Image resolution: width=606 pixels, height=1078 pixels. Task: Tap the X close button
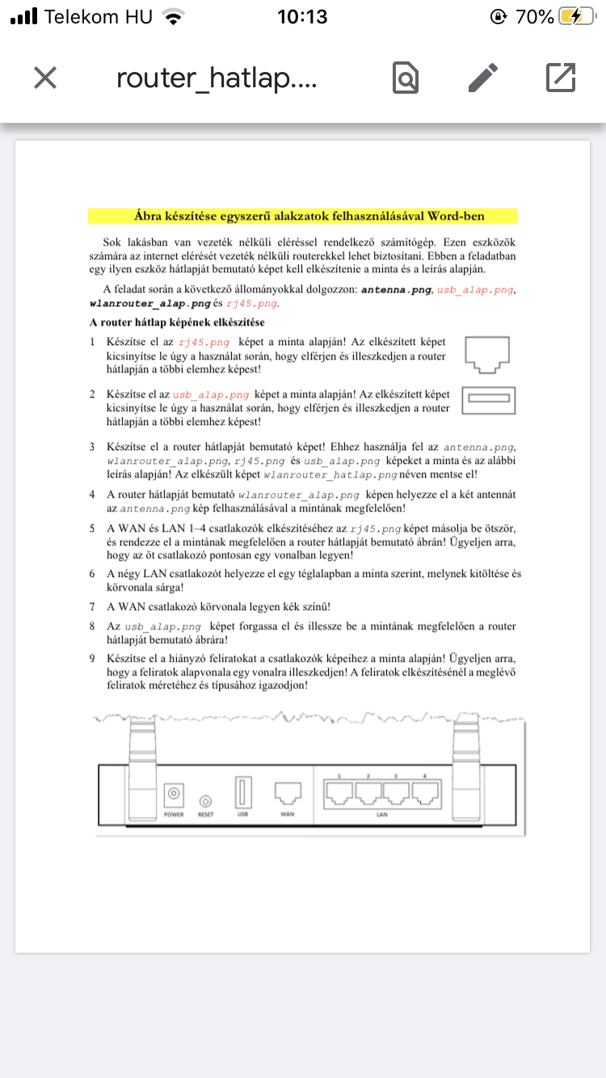pyautogui.click(x=45, y=78)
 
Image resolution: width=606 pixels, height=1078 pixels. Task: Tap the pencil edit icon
pyautogui.click(x=483, y=78)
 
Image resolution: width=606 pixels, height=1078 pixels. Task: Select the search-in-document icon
pyautogui.click(x=406, y=78)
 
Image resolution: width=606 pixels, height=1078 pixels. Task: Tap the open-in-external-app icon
pyautogui.click(x=561, y=78)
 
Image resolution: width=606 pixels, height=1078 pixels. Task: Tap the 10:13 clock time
pyautogui.click(x=302, y=17)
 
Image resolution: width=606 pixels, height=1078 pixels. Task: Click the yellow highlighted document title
pyautogui.click(x=302, y=217)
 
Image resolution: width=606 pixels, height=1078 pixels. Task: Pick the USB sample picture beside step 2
pyautogui.click(x=488, y=399)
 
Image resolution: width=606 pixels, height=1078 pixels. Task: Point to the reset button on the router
pyautogui.click(x=205, y=801)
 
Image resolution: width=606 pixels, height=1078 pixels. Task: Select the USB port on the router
pyautogui.click(x=241, y=793)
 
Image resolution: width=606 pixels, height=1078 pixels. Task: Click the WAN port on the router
pyautogui.click(x=288, y=793)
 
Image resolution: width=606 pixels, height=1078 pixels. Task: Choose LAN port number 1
pyautogui.click(x=339, y=796)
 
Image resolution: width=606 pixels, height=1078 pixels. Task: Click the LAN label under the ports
pyautogui.click(x=382, y=815)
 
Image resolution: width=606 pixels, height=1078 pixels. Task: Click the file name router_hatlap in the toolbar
pyautogui.click(x=217, y=78)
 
